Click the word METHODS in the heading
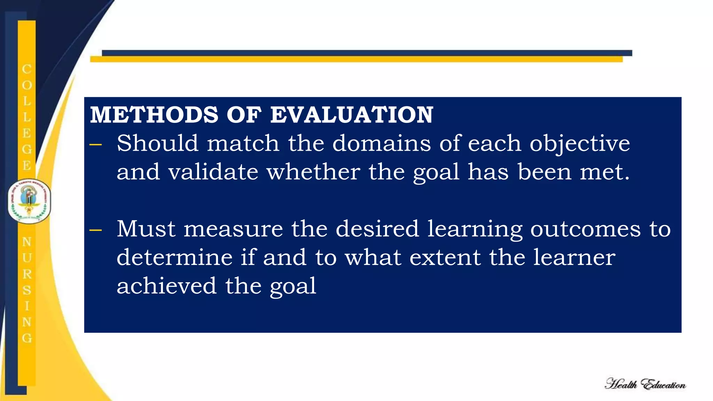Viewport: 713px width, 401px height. point(154,115)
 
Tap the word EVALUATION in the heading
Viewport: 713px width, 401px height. point(352,115)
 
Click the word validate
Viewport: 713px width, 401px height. point(213,172)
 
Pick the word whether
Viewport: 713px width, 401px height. point(313,172)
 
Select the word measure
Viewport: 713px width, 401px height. point(233,229)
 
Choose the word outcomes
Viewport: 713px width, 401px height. point(585,229)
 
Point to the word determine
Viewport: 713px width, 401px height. point(174,258)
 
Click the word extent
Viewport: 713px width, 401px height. point(445,258)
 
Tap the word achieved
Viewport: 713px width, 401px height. point(166,286)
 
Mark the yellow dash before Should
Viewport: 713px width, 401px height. point(95,144)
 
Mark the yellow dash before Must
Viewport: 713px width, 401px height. point(95,230)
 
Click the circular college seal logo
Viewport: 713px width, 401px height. point(29,202)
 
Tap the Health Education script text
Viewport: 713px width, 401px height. point(645,384)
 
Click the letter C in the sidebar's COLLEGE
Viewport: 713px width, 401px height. point(27,69)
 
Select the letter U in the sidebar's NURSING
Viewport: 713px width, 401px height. point(27,258)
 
